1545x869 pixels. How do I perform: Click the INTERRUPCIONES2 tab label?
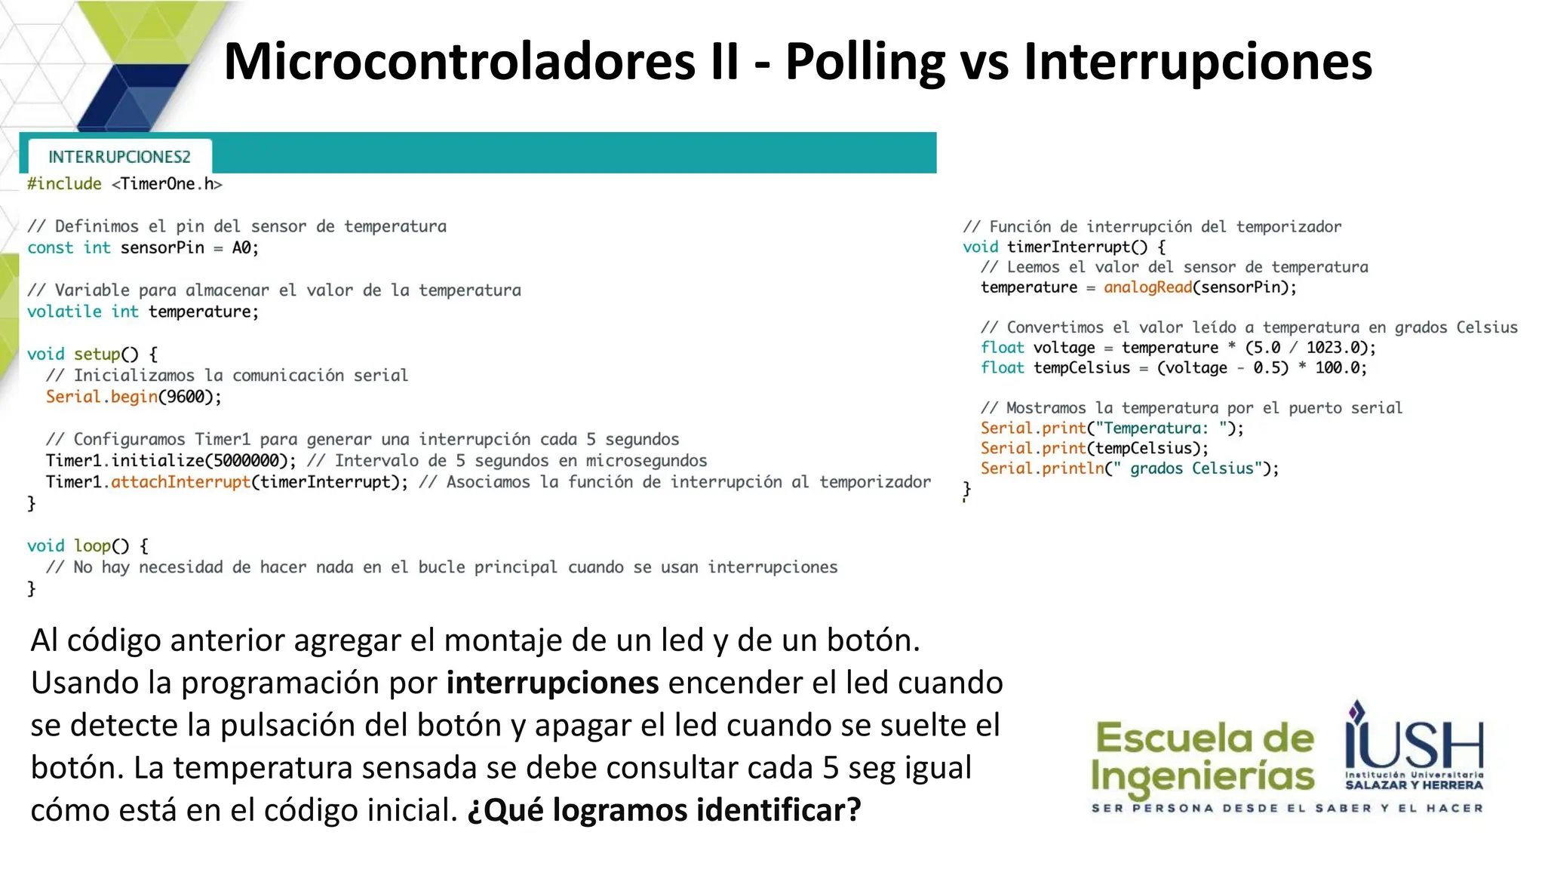click(119, 157)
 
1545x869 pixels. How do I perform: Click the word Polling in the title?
click(865, 62)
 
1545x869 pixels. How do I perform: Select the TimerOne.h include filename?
click(167, 184)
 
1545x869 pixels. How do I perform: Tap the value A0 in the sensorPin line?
click(241, 248)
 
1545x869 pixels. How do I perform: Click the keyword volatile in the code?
click(64, 312)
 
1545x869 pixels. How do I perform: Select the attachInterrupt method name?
click(180, 482)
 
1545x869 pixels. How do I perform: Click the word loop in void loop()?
click(92, 545)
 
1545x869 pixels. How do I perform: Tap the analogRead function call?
click(1147, 287)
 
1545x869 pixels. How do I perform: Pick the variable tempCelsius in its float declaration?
click(1081, 368)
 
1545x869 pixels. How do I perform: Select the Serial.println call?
click(1042, 468)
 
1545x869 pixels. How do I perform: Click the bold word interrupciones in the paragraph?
click(552, 683)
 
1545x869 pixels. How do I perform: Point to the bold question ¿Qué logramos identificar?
click(664, 810)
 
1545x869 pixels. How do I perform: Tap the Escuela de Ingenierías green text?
click(1203, 757)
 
